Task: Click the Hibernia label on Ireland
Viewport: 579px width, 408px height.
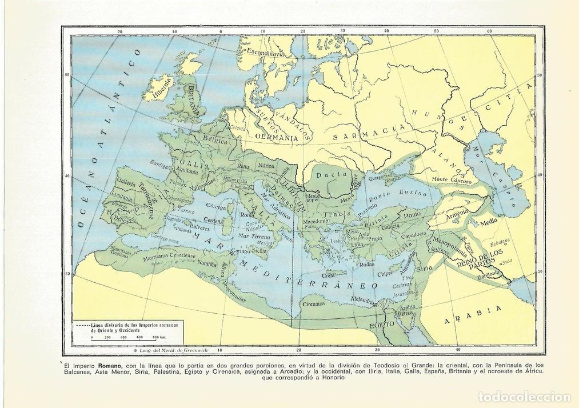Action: pos(162,89)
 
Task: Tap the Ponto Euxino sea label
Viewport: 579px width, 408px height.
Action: pos(393,193)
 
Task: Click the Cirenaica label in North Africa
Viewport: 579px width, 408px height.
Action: pos(313,304)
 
